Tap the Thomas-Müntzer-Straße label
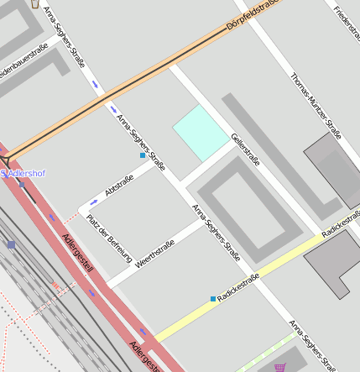point(316,106)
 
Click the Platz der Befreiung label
point(109,238)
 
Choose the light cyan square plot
point(201,133)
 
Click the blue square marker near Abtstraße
point(143,155)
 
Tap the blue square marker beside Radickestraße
point(212,298)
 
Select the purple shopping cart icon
point(279,367)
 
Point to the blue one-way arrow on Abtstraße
point(93,202)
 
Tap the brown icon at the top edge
point(34,3)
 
